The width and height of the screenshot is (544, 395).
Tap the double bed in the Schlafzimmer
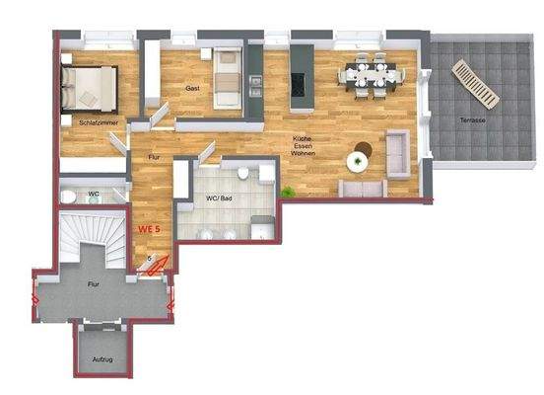click(x=89, y=86)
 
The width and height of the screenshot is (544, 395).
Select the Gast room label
click(x=192, y=88)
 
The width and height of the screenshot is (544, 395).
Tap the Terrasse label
click(x=471, y=119)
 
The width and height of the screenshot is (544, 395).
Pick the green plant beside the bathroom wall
click(x=287, y=190)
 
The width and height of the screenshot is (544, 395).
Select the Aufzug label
click(x=102, y=358)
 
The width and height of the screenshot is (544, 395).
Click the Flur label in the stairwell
click(x=93, y=284)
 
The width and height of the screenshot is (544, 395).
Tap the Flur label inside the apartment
click(x=154, y=157)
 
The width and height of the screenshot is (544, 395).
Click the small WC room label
click(x=94, y=194)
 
